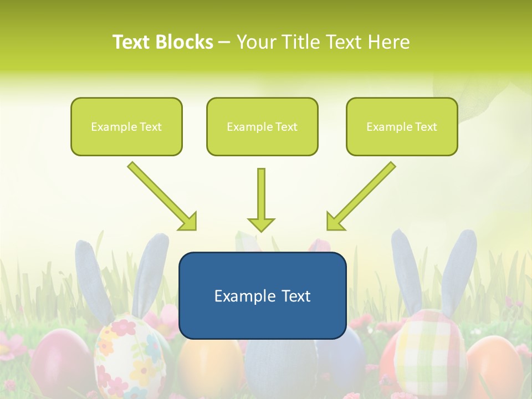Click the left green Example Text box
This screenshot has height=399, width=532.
[x=126, y=126]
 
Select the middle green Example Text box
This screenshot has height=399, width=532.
[x=262, y=126]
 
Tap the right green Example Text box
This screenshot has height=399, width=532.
[x=402, y=126]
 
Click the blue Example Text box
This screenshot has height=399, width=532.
[x=262, y=295]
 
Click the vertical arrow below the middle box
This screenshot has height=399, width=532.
[x=261, y=200]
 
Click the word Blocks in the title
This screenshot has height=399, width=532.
[x=185, y=42]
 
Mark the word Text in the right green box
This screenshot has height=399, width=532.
[x=426, y=127]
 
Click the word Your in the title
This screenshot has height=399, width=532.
[x=256, y=42]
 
